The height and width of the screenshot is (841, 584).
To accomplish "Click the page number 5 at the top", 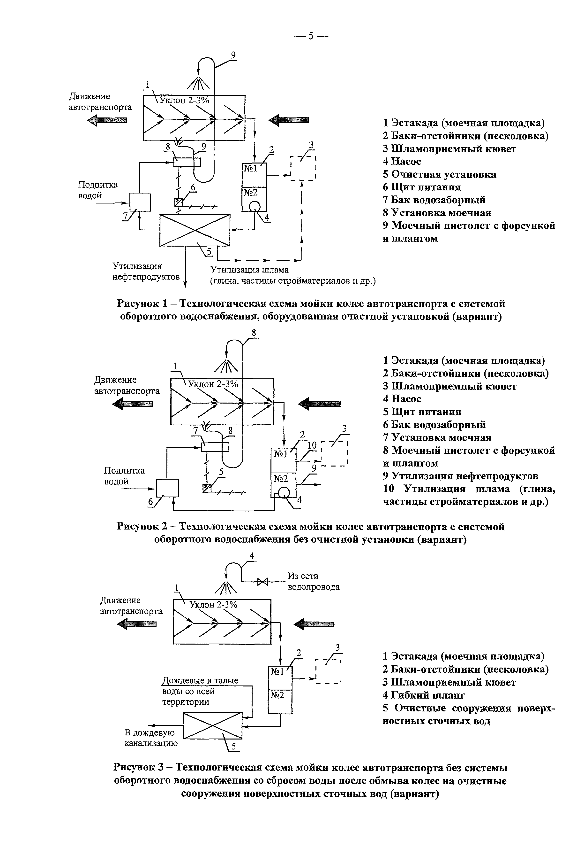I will [311, 36].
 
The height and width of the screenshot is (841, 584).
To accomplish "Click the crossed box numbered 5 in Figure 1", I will [195, 230].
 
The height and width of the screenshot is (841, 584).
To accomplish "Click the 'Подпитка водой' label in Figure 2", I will [124, 476].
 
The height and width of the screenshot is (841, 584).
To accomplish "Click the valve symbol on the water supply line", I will [262, 582].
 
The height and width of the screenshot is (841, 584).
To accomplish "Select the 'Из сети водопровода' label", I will [314, 582].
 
